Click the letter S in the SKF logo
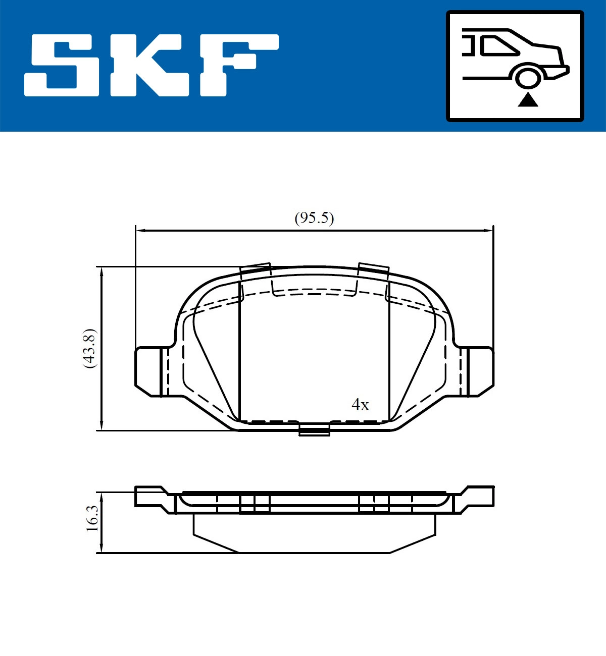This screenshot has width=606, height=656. tap(62, 65)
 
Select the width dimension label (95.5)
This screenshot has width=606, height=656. tap(314, 218)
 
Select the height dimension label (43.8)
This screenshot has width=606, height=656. tap(89, 348)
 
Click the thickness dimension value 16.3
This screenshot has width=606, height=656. tap(91, 518)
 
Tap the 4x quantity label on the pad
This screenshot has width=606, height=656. tap(360, 405)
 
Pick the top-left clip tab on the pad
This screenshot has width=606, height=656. tap(256, 270)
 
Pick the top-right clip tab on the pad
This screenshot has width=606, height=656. tap(373, 270)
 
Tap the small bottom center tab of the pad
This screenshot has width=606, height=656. tap(314, 430)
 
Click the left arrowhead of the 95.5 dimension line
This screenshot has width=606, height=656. tap(140, 231)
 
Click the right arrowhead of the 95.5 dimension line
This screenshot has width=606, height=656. tap(488, 231)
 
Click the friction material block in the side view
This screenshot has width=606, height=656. tap(314, 532)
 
